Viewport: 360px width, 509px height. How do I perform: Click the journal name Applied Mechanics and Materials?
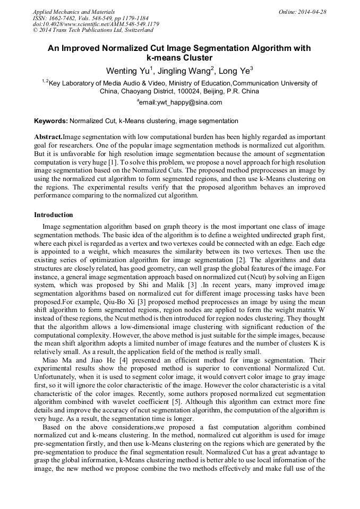click(73, 12)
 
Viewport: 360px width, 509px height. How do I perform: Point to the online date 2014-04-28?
click(313, 12)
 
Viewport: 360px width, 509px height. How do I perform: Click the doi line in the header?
click(96, 24)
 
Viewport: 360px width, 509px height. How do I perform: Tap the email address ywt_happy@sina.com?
click(181, 102)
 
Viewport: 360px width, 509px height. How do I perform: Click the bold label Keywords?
click(51, 121)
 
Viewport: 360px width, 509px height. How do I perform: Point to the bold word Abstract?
click(48, 136)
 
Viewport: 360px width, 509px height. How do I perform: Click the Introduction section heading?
click(54, 215)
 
